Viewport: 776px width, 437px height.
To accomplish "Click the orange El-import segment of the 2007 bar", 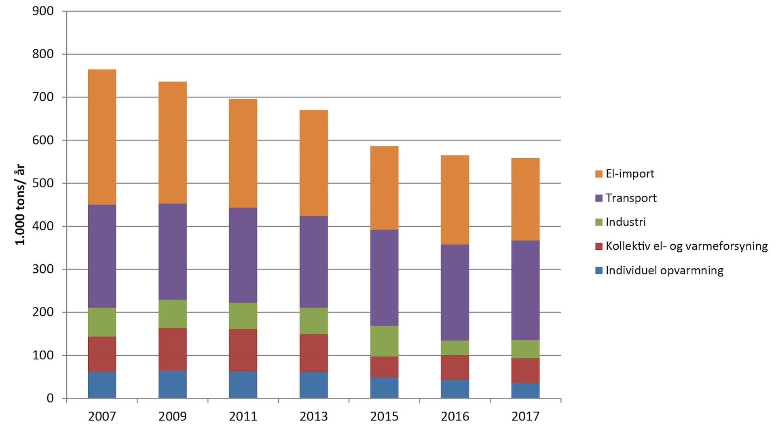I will pos(102,137).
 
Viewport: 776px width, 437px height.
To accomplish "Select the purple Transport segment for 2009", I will pos(173,252).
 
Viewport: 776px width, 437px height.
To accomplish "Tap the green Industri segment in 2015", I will pos(384,341).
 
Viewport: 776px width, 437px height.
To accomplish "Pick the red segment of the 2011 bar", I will pos(243,350).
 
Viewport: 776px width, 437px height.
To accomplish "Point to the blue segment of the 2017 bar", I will pos(525,390).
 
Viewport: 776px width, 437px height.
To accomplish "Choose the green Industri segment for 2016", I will pos(455,348).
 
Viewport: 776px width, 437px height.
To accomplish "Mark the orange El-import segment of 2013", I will pos(314,163).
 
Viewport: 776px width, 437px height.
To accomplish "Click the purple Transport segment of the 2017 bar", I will pos(525,290).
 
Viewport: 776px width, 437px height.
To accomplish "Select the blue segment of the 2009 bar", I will pos(173,384).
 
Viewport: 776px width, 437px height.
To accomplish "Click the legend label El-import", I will pos(630,174).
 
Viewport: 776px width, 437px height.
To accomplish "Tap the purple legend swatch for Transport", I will pos(599,198).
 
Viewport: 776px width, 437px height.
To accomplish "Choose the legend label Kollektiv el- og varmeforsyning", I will pos(686,246).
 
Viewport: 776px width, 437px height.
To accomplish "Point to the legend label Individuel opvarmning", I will pos(664,270).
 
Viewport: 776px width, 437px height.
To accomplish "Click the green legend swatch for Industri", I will pos(599,222).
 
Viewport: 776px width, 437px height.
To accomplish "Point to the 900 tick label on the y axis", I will pos(43,11).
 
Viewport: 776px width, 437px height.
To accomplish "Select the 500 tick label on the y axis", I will pos(43,183).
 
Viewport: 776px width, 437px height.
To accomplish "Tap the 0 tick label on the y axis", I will pos(50,398).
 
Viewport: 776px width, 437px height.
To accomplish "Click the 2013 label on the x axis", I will pos(314,416).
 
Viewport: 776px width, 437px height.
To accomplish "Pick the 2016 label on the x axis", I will pos(455,416).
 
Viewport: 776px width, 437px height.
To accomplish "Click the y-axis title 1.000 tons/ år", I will pos(20,205).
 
